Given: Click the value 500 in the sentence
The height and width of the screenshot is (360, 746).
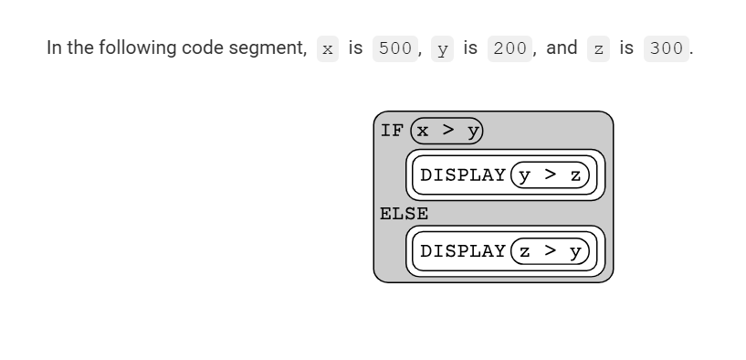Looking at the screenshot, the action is click(395, 48).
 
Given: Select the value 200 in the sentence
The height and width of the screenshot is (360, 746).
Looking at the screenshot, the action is click(510, 48).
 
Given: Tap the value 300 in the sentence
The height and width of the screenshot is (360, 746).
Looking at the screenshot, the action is click(666, 48).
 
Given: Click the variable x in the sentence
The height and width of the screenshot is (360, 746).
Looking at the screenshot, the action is click(328, 49).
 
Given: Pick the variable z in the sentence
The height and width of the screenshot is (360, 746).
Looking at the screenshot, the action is click(598, 49).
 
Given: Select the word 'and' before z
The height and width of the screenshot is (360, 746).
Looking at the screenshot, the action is click(562, 48).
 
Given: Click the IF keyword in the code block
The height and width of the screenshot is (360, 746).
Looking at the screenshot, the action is click(392, 131).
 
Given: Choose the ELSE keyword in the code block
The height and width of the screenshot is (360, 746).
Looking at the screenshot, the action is click(404, 214).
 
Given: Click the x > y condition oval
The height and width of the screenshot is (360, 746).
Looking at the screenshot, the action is click(447, 131).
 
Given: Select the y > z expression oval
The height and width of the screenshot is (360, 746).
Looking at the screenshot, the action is click(550, 175).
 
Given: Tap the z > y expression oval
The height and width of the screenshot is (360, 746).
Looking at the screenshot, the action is click(550, 251).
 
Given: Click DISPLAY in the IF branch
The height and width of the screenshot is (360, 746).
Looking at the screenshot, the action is click(462, 175).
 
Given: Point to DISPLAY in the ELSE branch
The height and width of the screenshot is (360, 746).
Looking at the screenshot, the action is click(462, 251).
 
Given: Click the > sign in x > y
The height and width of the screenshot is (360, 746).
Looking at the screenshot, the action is click(447, 130).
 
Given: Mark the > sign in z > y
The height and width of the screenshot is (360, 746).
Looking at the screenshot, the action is click(550, 250).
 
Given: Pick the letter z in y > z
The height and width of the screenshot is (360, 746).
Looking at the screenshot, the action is click(575, 175).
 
